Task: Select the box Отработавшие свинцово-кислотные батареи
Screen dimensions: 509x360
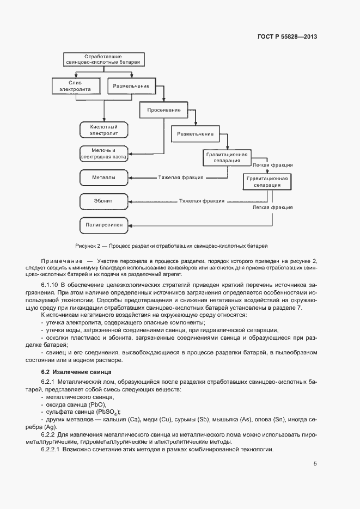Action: [x=102, y=59]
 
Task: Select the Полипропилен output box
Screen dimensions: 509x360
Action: [x=103, y=225]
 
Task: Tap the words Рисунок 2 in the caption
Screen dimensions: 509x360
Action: [x=89, y=246]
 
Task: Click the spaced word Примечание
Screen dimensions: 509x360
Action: [x=61, y=262]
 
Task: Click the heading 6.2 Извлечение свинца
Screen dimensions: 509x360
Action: [x=71, y=372]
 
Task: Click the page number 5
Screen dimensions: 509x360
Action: [x=315, y=464]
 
